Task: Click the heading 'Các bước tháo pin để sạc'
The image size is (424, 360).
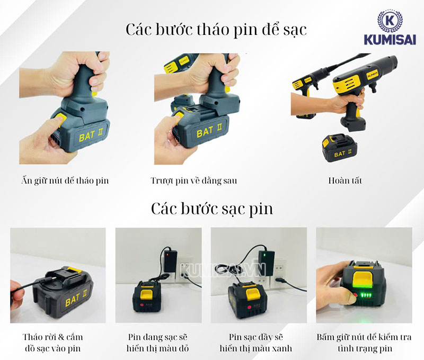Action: (216, 29)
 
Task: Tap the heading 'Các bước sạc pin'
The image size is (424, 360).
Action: (211, 208)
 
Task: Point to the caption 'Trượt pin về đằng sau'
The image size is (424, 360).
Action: (193, 181)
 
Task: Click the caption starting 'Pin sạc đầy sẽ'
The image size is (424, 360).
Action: (258, 342)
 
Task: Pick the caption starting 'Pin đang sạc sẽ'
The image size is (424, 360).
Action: (158, 342)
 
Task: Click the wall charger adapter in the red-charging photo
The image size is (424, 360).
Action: (172, 260)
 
